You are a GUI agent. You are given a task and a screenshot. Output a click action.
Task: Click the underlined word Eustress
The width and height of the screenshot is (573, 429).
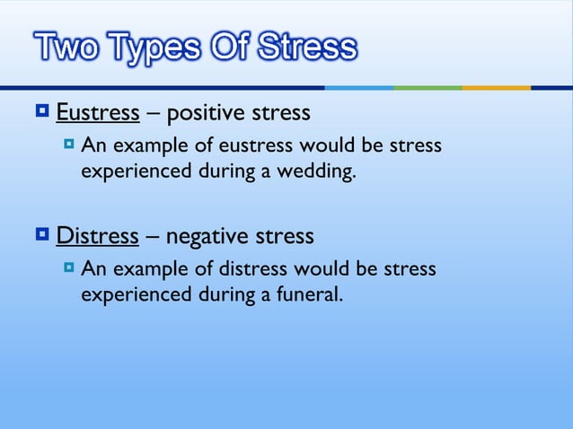(x=97, y=113)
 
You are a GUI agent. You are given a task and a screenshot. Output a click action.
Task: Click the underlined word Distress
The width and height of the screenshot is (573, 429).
(x=97, y=237)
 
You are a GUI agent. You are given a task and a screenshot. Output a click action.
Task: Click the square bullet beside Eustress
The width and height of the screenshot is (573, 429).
(x=41, y=112)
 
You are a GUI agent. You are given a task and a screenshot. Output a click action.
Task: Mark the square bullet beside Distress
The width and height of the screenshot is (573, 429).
(x=41, y=236)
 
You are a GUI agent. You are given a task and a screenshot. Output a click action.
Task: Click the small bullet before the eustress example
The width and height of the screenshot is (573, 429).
(x=70, y=144)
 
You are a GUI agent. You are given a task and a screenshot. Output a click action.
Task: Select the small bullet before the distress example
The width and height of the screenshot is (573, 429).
(x=70, y=267)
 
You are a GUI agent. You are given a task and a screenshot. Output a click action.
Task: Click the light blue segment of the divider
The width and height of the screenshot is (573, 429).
(x=358, y=87)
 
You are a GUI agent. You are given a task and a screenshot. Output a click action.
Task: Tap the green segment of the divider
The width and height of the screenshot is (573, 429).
(x=428, y=87)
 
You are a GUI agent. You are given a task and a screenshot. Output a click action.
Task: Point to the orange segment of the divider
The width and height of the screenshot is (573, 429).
(x=496, y=87)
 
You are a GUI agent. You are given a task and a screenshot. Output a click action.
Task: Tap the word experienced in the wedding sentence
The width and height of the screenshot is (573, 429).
(x=134, y=171)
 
